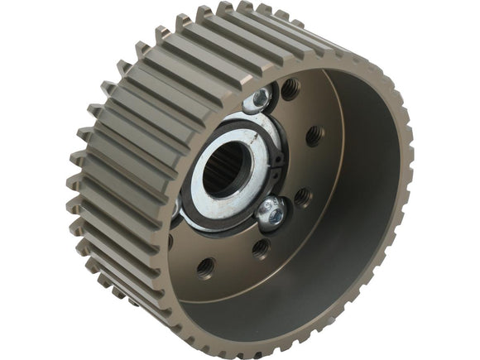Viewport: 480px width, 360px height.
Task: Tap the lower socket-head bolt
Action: coord(271,213)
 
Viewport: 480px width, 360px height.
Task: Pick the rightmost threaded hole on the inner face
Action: coord(314,136)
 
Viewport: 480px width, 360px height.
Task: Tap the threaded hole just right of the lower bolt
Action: coord(303,197)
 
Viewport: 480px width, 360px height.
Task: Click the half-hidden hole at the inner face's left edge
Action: coord(170,242)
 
